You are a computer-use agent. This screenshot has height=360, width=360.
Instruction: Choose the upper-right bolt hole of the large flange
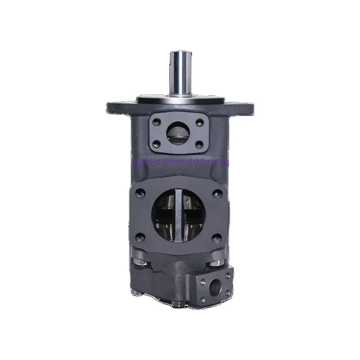(x=217, y=193)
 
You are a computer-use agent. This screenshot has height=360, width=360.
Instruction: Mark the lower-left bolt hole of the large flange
(x=139, y=235)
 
